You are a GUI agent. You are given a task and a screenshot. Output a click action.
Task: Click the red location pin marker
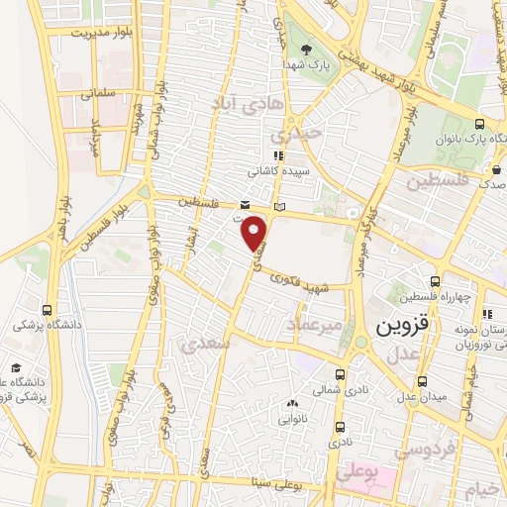tap(256, 233)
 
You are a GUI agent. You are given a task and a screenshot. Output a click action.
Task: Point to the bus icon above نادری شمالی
tap(340, 374)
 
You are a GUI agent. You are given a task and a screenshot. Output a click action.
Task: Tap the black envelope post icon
tap(246, 204)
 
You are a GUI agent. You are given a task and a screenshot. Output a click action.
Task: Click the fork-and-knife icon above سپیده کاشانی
tap(278, 155)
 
